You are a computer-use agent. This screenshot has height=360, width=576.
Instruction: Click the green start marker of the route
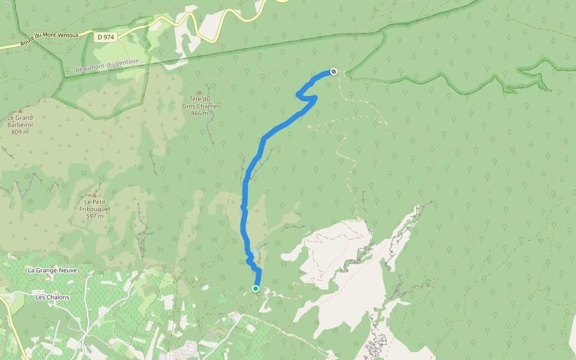point(255,289)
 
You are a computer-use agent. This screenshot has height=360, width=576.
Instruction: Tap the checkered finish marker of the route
point(334,72)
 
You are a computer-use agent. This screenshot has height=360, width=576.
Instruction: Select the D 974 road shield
point(106,37)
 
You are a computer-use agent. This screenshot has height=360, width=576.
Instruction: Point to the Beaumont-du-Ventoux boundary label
point(107,65)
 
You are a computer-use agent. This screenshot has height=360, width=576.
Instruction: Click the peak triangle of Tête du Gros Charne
point(200,92)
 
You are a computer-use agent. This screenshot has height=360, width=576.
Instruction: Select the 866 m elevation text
point(199,113)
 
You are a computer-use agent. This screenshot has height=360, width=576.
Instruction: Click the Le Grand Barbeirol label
point(20,121)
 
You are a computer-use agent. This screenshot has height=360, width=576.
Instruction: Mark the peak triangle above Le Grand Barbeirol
point(20,110)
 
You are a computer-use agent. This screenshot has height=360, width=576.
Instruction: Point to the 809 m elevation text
point(20,131)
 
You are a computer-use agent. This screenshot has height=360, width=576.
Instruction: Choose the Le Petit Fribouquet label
point(94,205)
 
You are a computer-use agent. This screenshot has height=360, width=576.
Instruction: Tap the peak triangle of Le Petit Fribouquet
point(94,195)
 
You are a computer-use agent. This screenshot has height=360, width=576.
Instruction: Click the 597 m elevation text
point(94,216)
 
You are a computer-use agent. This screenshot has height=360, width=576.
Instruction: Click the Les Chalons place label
point(52,297)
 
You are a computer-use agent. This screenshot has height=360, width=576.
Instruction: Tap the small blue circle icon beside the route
point(255,252)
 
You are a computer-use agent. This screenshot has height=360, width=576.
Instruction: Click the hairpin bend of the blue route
point(299,94)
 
